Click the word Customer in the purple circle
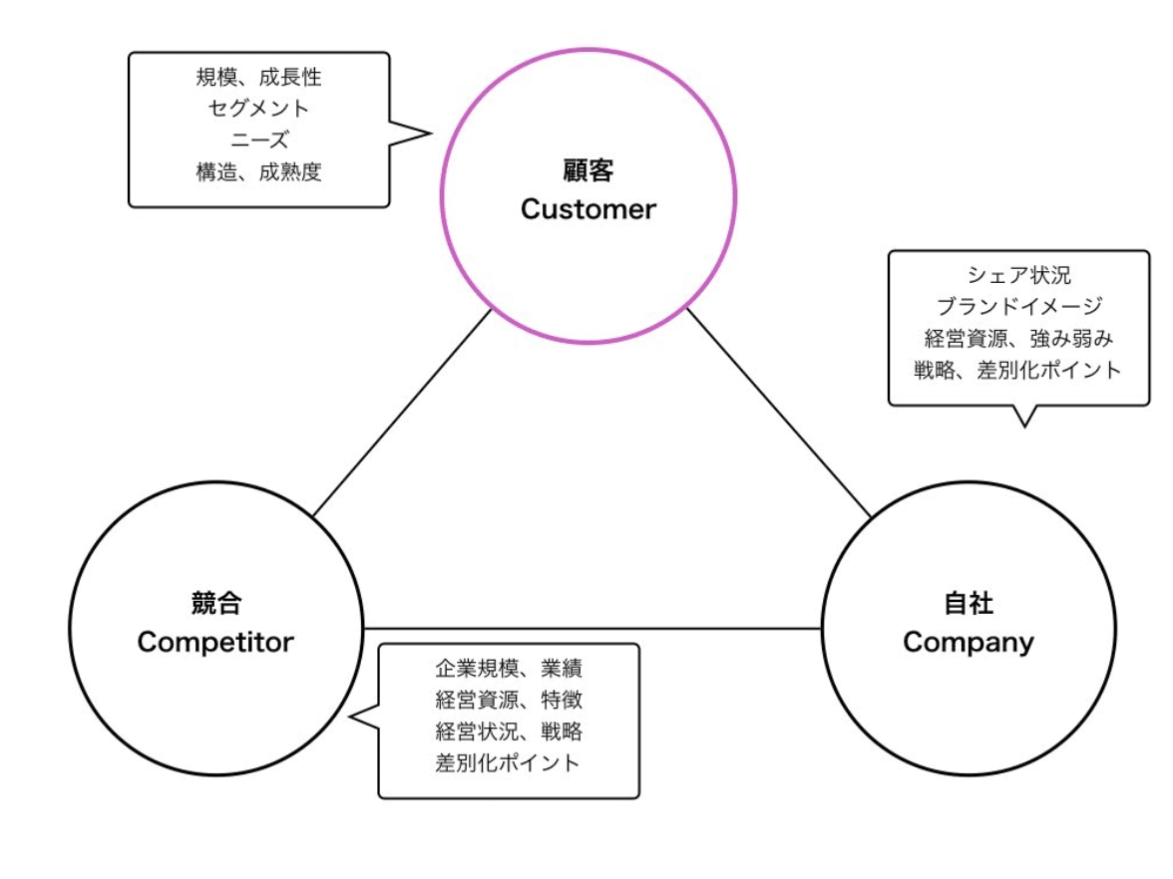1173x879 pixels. [x=587, y=209]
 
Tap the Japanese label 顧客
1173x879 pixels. [x=587, y=170]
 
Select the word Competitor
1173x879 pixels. [x=215, y=642]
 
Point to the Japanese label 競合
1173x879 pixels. [x=215, y=603]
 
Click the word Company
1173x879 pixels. [x=968, y=642]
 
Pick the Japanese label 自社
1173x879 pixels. [x=968, y=603]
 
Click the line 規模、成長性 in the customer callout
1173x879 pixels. [x=258, y=77]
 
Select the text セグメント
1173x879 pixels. [x=258, y=108]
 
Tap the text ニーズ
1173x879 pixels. [x=258, y=140]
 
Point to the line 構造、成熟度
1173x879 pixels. [x=258, y=171]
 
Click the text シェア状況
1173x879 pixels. [x=1017, y=275]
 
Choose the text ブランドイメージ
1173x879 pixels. [x=1017, y=306]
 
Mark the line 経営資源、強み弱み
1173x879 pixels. [x=1017, y=338]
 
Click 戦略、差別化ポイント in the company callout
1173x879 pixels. [x=1017, y=370]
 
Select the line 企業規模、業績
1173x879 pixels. [x=509, y=668]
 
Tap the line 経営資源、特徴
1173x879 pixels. [x=509, y=700]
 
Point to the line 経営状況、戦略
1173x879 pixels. [x=509, y=732]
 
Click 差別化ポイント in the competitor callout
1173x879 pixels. [x=509, y=763]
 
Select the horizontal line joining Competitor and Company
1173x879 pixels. [x=592, y=629]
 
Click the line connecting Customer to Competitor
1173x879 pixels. [x=402, y=413]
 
